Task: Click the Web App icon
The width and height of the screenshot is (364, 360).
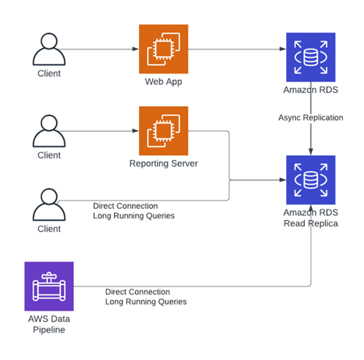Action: [x=163, y=49]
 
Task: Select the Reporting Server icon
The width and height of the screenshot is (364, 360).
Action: [x=163, y=131]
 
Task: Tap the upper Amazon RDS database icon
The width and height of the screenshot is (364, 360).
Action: [x=311, y=57]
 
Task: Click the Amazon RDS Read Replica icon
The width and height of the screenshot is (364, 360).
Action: [x=311, y=180]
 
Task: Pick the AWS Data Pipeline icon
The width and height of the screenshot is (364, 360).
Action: [x=49, y=286]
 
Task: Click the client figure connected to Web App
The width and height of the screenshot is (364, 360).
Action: [x=49, y=49]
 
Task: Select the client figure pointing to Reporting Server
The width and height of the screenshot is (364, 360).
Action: [x=49, y=131]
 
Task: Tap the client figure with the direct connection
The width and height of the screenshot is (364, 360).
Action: [x=49, y=205]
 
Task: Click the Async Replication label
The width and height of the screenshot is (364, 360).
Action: [x=311, y=117]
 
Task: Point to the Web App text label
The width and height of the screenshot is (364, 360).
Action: [x=163, y=82]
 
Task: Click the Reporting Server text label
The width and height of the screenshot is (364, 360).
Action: [x=163, y=163]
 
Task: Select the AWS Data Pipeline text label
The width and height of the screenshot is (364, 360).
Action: [x=49, y=324]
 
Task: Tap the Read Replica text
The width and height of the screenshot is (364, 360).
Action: [x=311, y=223]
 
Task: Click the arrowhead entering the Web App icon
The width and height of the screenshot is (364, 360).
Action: [x=136, y=49]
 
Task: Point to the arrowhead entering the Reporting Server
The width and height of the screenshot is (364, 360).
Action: [x=136, y=131]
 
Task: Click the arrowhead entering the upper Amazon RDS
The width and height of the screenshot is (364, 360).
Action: [x=283, y=49]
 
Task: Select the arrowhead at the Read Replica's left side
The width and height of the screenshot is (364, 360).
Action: [x=283, y=180]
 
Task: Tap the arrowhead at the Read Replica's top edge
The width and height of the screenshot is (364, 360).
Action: [x=311, y=152]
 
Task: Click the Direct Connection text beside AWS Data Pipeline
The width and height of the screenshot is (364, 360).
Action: [x=138, y=292]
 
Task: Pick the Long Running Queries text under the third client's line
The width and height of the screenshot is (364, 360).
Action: [x=133, y=216]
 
